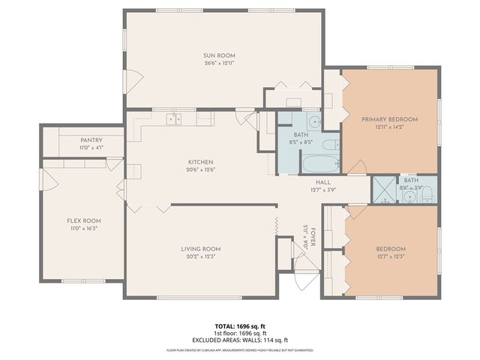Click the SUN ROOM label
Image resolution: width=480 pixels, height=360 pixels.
pyautogui.click(x=220, y=55)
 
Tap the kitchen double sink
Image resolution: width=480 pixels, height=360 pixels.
pyautogui.click(x=174, y=118)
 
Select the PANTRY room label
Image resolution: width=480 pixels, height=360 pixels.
pyautogui.click(x=91, y=140)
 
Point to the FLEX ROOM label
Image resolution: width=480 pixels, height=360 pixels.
pyautogui.click(x=84, y=220)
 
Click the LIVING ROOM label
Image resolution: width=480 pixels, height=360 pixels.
pyautogui.click(x=200, y=249)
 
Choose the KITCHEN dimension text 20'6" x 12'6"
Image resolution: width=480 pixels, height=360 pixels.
pyautogui.click(x=200, y=169)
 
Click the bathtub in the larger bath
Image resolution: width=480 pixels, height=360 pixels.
pyautogui.click(x=320, y=162)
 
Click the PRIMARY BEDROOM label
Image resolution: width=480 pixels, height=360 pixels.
pyautogui.click(x=389, y=119)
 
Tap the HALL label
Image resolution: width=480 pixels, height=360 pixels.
pyautogui.click(x=323, y=181)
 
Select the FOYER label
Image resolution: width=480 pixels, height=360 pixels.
pyautogui.click(x=313, y=233)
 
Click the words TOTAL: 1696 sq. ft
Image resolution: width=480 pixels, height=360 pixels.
pyautogui.click(x=240, y=327)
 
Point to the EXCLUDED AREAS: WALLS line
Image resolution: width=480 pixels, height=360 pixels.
pyautogui.click(x=240, y=340)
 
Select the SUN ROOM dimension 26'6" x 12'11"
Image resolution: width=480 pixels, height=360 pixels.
pyautogui.click(x=220, y=64)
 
